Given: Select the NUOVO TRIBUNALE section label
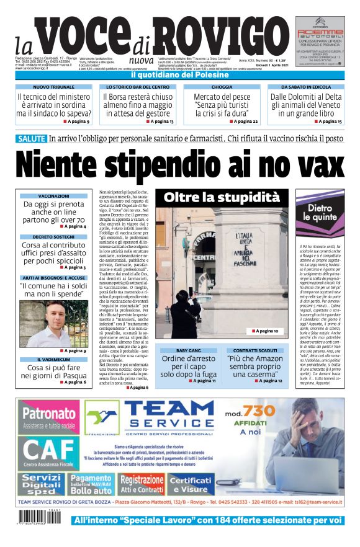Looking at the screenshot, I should pos(53,87).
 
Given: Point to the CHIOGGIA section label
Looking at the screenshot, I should pos(222,87).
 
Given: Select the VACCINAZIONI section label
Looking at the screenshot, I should pos(53,195).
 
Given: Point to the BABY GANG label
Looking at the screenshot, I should pos(188,350).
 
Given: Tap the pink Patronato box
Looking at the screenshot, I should pos(49,416).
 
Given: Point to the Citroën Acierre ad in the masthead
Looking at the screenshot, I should pos(319,43).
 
